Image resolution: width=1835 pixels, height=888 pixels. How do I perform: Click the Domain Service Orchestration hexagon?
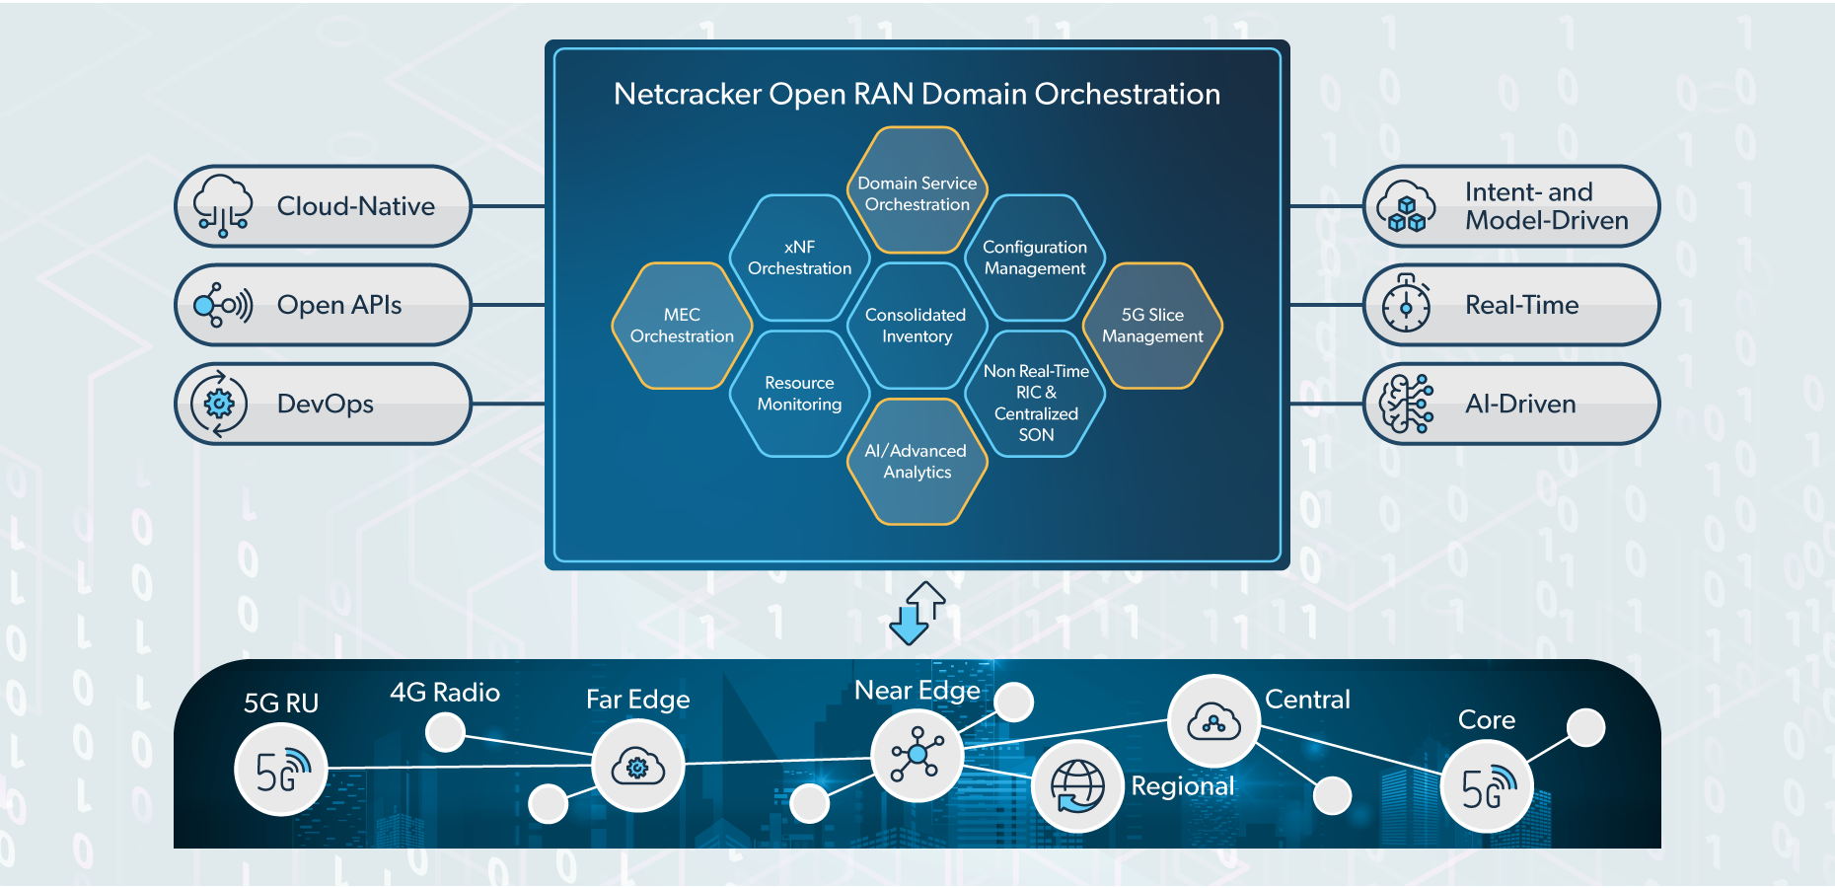(x=917, y=191)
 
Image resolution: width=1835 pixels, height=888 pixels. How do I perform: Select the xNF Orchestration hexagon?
(x=799, y=258)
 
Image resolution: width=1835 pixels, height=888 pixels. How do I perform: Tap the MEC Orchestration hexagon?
(x=682, y=326)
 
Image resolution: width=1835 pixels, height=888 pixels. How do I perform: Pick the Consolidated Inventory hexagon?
(x=917, y=326)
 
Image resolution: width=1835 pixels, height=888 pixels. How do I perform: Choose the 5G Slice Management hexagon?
(x=1152, y=326)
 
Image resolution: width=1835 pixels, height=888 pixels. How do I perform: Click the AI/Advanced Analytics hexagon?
(x=917, y=462)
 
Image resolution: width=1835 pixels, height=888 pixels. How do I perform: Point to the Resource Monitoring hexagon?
(x=799, y=394)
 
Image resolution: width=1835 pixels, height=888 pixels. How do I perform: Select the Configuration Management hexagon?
(x=1035, y=258)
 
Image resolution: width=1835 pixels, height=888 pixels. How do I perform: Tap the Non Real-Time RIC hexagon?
(x=1036, y=394)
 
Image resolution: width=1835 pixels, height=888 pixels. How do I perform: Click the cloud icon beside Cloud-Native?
(x=223, y=206)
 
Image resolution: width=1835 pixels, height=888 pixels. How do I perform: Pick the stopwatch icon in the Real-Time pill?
(x=1407, y=305)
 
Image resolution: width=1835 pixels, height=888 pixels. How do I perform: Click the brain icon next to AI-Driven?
(x=1407, y=404)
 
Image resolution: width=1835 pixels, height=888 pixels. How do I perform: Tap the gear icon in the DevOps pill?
(x=219, y=404)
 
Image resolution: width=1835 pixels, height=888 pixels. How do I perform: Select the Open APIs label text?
(x=339, y=305)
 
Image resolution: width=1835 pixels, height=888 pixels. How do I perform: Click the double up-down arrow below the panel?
(x=917, y=613)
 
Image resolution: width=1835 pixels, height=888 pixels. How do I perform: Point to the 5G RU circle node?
(x=281, y=770)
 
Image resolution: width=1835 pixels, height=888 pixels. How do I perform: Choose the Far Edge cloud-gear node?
(x=638, y=767)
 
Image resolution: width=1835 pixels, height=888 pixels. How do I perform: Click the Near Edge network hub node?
(x=917, y=755)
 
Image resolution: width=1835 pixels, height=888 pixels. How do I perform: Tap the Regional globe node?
(x=1077, y=786)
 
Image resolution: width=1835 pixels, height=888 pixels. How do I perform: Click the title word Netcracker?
(x=688, y=94)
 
